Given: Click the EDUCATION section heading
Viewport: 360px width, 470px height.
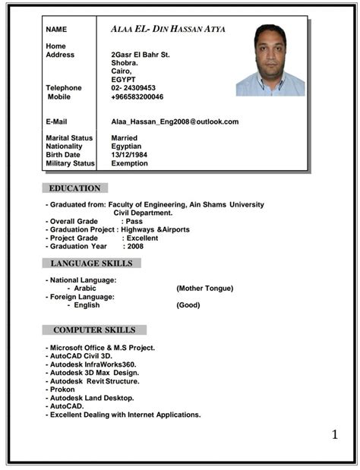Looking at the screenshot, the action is click(x=74, y=188).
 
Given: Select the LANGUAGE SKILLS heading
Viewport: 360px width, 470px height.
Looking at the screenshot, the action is click(x=91, y=263).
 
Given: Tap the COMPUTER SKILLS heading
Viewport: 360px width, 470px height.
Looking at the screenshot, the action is click(x=94, y=330).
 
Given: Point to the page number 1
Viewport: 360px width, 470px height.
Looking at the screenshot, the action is click(x=335, y=434).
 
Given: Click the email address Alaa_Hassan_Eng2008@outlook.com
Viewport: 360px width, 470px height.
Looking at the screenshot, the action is click(x=175, y=121).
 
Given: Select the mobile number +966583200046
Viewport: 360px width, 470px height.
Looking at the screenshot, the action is click(x=137, y=97).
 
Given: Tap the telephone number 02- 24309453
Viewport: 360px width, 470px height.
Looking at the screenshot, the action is click(x=133, y=88).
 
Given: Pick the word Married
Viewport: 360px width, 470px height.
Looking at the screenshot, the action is click(x=125, y=138).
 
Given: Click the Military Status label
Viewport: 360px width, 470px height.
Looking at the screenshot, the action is click(x=70, y=163).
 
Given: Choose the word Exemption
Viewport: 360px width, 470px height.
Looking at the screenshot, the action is click(x=129, y=163).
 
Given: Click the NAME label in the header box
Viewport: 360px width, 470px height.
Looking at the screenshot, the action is click(x=56, y=30).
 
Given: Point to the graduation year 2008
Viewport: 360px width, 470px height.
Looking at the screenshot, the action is click(x=135, y=246).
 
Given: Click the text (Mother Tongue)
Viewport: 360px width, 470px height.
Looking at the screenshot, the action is click(x=204, y=289).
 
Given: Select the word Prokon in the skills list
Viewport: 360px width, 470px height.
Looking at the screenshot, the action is click(x=62, y=390).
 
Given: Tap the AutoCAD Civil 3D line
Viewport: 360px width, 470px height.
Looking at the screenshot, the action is click(x=81, y=355).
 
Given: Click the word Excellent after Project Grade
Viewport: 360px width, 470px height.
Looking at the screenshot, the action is click(x=142, y=238).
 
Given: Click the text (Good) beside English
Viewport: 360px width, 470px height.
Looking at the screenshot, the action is click(x=188, y=305).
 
